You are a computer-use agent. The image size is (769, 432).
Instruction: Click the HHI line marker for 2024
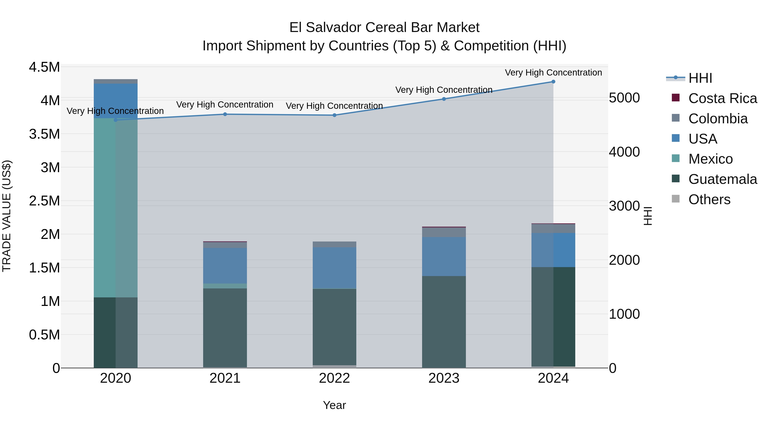553,82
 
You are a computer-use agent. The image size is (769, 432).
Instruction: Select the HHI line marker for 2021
225,114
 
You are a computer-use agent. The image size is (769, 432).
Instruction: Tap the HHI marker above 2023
444,99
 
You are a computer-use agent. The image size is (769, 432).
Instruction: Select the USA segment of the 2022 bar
334,268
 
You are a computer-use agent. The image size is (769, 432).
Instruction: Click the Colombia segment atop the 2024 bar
553,228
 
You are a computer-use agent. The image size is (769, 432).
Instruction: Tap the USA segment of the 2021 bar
225,265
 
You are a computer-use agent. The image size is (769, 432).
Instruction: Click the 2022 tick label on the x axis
334,378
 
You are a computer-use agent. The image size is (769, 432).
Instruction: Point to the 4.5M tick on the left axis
44,67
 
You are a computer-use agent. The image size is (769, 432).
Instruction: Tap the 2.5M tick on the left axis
44,201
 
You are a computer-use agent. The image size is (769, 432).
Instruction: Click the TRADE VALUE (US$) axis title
7,216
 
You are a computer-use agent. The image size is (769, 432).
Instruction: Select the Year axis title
334,405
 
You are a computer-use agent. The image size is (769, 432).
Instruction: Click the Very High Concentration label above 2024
553,73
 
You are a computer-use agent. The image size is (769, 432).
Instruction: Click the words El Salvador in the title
325,28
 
